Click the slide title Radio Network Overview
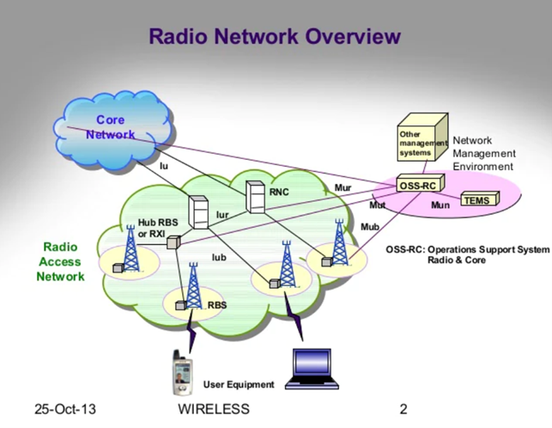[x=275, y=36]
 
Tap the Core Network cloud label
[x=111, y=127]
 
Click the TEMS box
[x=475, y=200]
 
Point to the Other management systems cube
[x=419, y=141]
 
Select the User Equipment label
[x=239, y=384]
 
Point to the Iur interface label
[x=222, y=214]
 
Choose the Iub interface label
[x=219, y=255]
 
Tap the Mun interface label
[x=440, y=205]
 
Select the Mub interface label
[x=369, y=227]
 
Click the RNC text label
[x=279, y=193]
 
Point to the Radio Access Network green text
[x=60, y=261]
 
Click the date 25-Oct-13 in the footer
[x=65, y=409]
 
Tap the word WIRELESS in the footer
[x=214, y=409]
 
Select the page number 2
[x=403, y=409]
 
